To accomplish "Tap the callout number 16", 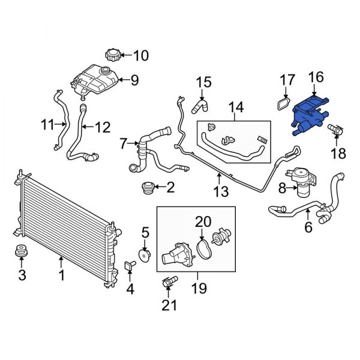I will click(x=316, y=77).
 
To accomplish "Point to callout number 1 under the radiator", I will click(x=61, y=277).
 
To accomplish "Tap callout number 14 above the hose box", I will click(x=236, y=107).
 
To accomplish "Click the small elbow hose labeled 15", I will click(x=199, y=107).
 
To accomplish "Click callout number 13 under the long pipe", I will click(x=221, y=191).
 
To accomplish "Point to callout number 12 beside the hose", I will click(x=103, y=127).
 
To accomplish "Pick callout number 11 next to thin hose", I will click(x=48, y=125).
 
